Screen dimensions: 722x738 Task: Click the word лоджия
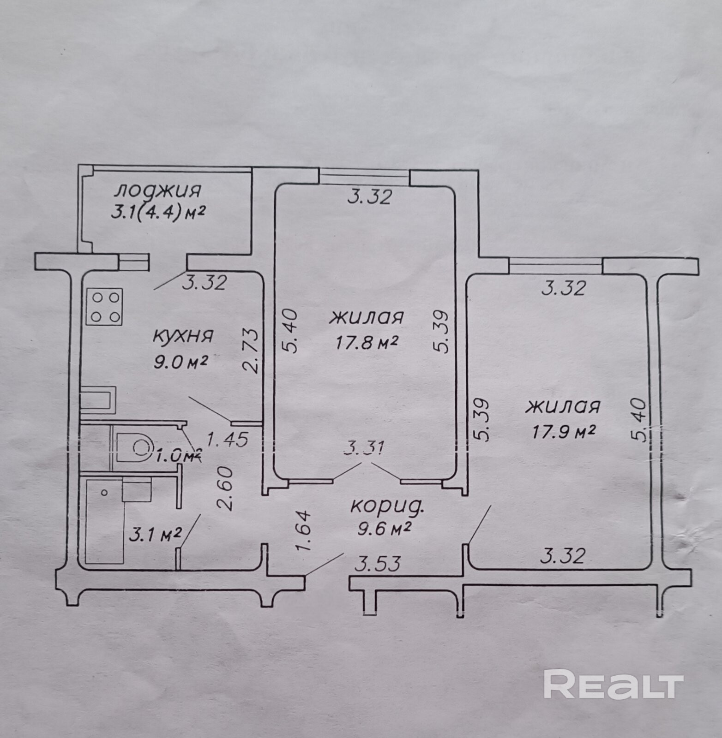tap(158, 190)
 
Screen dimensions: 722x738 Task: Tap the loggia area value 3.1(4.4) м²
tap(158, 213)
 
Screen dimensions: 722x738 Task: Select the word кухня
tap(183, 336)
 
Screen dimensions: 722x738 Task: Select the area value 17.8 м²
tap(365, 343)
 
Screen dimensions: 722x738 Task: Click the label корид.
tap(387, 506)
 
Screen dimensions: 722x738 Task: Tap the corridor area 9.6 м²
tap(384, 527)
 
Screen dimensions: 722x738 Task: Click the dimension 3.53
tap(377, 563)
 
